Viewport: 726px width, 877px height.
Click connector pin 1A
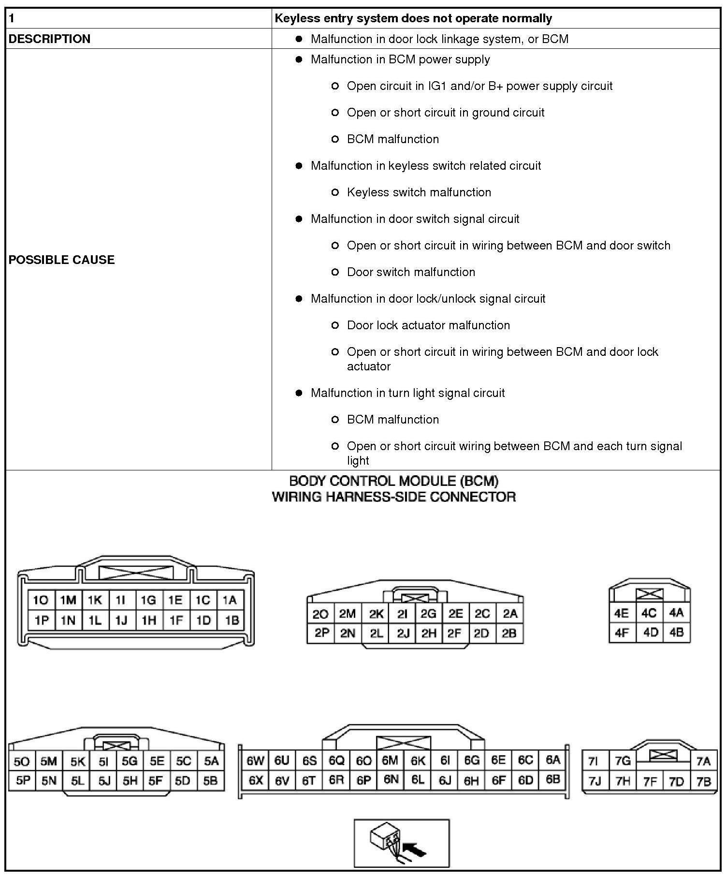[x=230, y=600]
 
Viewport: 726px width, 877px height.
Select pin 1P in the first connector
[x=42, y=620]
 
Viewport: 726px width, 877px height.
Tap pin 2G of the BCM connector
[x=428, y=614]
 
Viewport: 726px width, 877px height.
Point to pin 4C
[x=649, y=613]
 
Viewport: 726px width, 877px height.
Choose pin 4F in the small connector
[x=621, y=632]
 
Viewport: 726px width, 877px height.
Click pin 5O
[x=22, y=761]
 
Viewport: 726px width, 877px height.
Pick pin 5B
[x=210, y=780]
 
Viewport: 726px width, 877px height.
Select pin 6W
[x=255, y=761]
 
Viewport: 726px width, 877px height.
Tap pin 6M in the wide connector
[x=390, y=760]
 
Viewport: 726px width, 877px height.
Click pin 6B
[x=552, y=779]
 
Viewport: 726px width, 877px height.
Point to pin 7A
[x=703, y=761]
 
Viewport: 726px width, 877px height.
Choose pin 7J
[x=595, y=781]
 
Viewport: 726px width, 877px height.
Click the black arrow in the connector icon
[x=415, y=849]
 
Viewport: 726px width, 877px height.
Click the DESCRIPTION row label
[x=50, y=39]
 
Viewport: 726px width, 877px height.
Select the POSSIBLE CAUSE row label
[x=62, y=260]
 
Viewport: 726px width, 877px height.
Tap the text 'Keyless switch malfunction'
[x=419, y=192]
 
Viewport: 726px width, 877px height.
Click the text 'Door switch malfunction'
[x=411, y=272]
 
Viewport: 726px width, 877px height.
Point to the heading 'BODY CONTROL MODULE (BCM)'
[x=393, y=481]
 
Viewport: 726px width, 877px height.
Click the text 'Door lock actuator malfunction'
[x=428, y=325]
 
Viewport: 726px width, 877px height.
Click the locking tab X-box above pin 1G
[x=136, y=572]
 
